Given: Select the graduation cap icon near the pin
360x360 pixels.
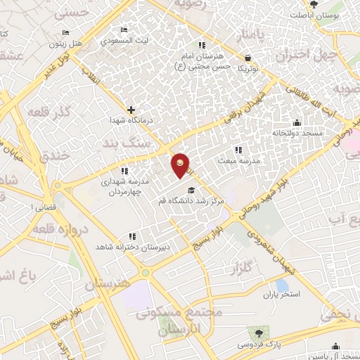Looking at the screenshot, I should [x=191, y=190].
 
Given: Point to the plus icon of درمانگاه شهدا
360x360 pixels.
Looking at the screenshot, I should [x=131, y=110].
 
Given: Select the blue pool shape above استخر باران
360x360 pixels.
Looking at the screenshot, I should [x=282, y=285].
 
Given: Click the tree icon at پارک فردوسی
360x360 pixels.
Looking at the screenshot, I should [x=260, y=333].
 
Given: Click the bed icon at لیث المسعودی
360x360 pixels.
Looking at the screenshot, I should [x=124, y=30].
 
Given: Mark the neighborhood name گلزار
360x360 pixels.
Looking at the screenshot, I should [x=240, y=268].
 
